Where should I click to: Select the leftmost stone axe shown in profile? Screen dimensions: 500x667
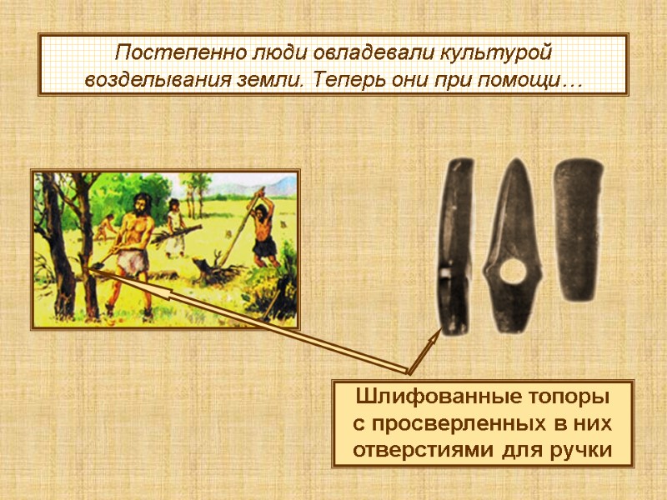pyautogui.click(x=455, y=246)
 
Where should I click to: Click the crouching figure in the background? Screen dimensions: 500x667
pyautogui.click(x=107, y=226)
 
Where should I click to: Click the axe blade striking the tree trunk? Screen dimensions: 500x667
pyautogui.click(x=95, y=267)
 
